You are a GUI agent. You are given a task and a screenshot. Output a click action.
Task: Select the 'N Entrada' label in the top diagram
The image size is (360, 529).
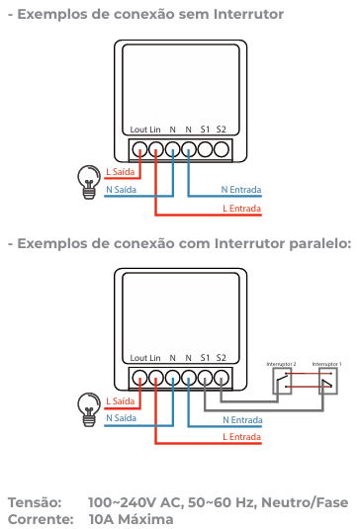[x=241, y=188]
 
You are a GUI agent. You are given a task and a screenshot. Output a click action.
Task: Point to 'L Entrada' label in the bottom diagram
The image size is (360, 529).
[x=242, y=435]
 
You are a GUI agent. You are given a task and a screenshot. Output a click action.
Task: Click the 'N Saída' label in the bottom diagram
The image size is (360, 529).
[x=121, y=417]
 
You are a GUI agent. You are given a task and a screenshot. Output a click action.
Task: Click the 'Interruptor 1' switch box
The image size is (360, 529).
[x=326, y=381]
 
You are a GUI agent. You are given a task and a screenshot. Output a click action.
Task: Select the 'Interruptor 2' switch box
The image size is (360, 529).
[x=282, y=381]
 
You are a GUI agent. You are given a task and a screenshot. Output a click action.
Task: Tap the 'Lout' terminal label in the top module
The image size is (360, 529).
[x=138, y=129]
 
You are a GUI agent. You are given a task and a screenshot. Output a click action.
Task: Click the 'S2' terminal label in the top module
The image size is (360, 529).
[x=221, y=129]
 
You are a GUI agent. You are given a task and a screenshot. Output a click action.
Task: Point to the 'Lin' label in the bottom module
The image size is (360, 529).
[x=155, y=357]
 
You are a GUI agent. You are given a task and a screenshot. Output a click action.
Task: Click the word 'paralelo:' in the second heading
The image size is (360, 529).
[x=312, y=243]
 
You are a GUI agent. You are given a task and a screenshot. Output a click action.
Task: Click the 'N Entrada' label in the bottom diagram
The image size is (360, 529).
[x=241, y=420]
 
